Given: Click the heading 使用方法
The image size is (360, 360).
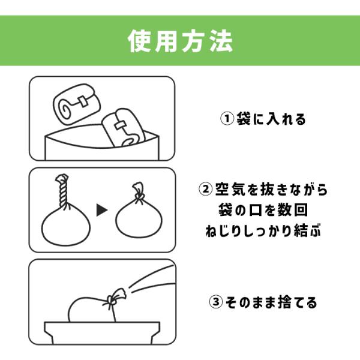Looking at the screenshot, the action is pyautogui.click(x=180, y=41).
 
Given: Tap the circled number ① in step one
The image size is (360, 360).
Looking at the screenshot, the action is pyautogui.click(x=227, y=119).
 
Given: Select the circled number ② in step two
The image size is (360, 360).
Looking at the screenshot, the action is pyautogui.click(x=205, y=189).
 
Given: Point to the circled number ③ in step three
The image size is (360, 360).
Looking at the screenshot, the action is pyautogui.click(x=216, y=302).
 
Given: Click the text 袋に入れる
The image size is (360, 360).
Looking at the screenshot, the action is pyautogui.click(x=271, y=119).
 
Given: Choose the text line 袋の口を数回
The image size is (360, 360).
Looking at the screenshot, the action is pyautogui.click(x=263, y=210).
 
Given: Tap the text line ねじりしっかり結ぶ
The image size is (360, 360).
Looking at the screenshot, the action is pyautogui.click(x=263, y=230).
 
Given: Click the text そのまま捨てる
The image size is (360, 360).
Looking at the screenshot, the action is pyautogui.click(x=271, y=302).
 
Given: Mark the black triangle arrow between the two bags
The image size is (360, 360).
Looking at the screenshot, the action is pyautogui.click(x=102, y=210).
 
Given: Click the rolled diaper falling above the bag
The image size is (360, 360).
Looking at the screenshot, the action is pyautogui.click(x=77, y=104).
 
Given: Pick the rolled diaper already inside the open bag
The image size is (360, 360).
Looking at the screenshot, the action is pyautogui.click(x=123, y=128).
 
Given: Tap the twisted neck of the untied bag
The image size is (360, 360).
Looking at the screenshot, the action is pyautogui.click(x=62, y=191).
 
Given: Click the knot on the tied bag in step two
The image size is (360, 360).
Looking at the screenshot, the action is pyautogui.click(x=139, y=195).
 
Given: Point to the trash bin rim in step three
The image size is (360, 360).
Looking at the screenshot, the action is pyautogui.click(x=102, y=326).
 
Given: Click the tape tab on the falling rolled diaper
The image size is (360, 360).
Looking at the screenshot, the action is pyautogui.click(x=82, y=101).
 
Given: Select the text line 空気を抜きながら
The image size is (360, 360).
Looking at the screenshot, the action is pyautogui.click(x=271, y=189).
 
